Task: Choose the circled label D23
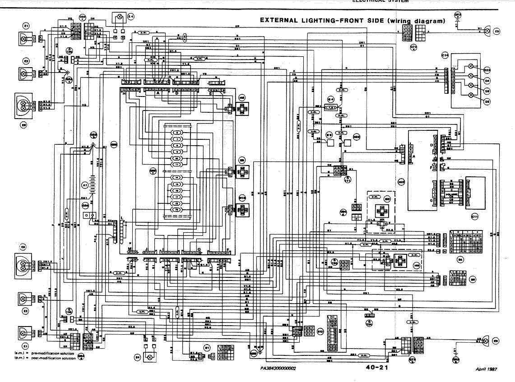pos(487,70)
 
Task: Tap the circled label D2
pos(487,102)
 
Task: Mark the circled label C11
pos(474,216)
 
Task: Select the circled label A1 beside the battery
pos(84,185)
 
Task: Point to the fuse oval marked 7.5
pos(331,108)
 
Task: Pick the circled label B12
pos(320,331)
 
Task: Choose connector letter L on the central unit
pos(121,218)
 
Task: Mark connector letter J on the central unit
pos(147,249)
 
